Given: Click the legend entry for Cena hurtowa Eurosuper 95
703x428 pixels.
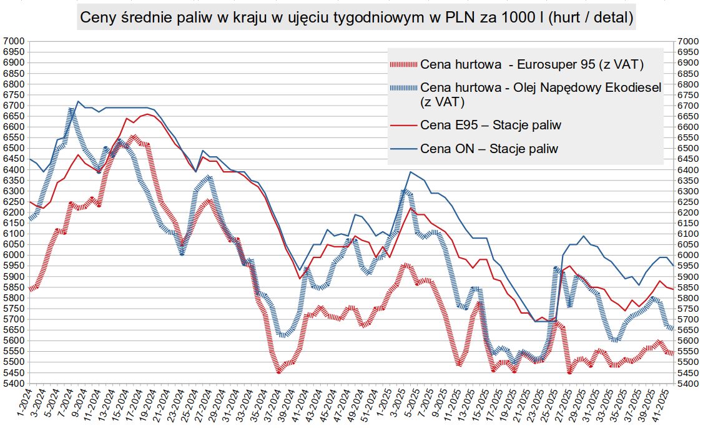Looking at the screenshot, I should pos(532,64).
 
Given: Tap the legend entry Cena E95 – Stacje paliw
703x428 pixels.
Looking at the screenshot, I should pos(491,125).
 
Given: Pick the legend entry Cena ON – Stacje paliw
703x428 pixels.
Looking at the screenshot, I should pos(489,149).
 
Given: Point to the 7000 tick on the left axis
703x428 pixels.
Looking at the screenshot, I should pos(14,41).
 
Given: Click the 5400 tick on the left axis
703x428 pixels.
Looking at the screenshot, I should pos(14,383).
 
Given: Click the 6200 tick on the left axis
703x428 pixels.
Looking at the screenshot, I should pos(14,212).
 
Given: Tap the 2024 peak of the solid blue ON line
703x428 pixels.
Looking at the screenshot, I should pos(78,101).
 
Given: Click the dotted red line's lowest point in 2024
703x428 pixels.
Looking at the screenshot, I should pos(279,372).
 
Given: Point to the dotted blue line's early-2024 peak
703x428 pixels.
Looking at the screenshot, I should pos(71,110).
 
